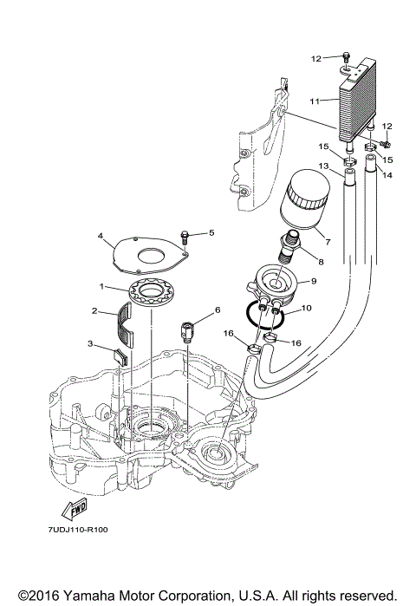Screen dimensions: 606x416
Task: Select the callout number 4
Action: pyautogui.click(x=101, y=236)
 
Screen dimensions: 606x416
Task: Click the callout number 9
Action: pyautogui.click(x=314, y=280)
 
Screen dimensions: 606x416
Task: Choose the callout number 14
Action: pyautogui.click(x=387, y=175)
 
